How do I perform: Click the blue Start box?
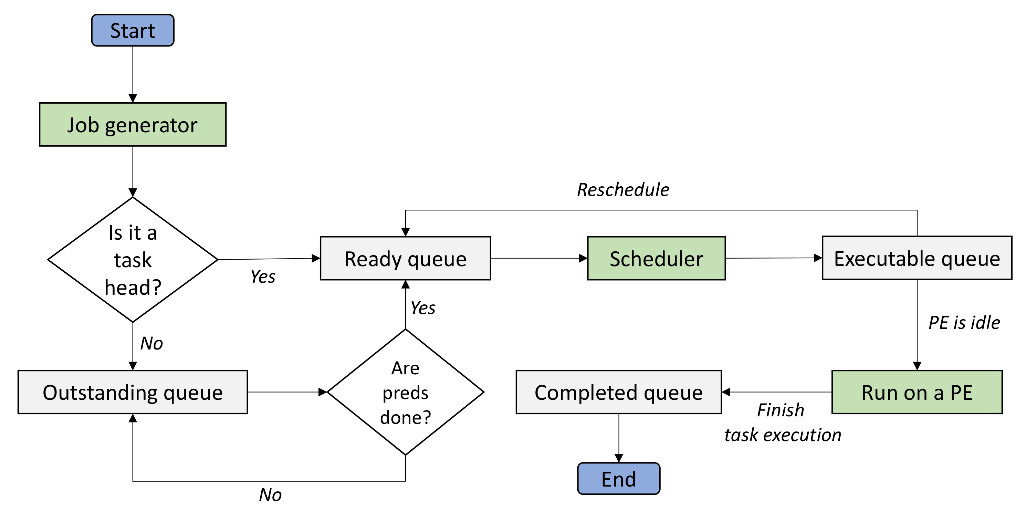click(133, 30)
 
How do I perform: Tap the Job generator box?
click(133, 125)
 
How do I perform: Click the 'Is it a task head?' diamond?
click(133, 260)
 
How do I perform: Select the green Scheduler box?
click(656, 259)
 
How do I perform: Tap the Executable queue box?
click(917, 258)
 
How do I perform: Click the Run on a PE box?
click(917, 392)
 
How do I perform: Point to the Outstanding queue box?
click(133, 392)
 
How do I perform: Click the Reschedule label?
click(623, 190)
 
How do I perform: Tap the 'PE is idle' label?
click(964, 322)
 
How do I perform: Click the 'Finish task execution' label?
click(782, 422)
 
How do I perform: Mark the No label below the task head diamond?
click(151, 343)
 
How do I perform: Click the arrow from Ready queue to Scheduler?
click(538, 259)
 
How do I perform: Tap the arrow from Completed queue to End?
click(619, 438)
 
